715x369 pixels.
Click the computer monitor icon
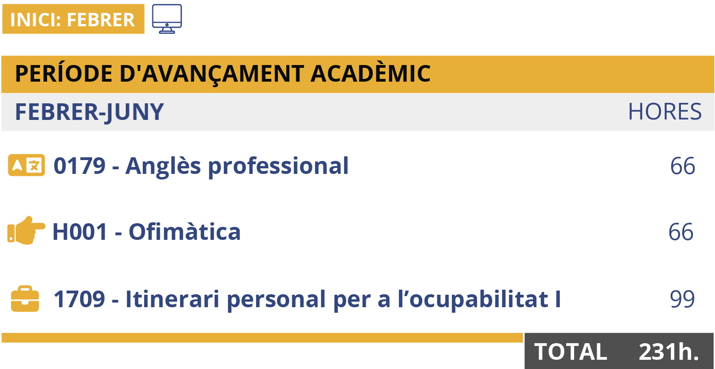(x=167, y=18)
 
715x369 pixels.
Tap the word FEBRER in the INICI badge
(x=101, y=20)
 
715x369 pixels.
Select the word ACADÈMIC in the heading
(x=370, y=73)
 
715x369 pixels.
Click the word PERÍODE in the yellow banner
(x=64, y=73)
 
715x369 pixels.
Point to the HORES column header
(x=665, y=112)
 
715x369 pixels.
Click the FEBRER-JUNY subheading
(x=89, y=113)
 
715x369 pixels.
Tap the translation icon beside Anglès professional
(x=27, y=165)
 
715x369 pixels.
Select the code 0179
(x=80, y=166)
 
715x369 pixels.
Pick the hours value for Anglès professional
(x=682, y=166)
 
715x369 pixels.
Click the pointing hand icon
(x=26, y=231)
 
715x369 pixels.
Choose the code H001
(x=80, y=232)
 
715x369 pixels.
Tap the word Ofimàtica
(x=184, y=231)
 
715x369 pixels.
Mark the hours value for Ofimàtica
(x=681, y=232)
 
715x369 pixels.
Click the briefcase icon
(x=25, y=298)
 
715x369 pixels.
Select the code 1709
(x=79, y=299)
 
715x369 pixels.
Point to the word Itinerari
(x=172, y=299)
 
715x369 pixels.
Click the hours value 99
(x=682, y=299)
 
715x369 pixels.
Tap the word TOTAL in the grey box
(x=571, y=352)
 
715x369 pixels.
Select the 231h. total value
(x=669, y=352)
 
